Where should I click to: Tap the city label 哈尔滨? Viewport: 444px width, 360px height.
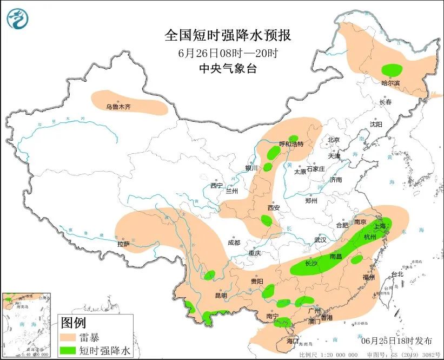click(x=390, y=83)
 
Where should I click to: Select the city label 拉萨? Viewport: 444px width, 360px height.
click(x=123, y=244)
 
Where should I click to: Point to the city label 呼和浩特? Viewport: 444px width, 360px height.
click(x=291, y=144)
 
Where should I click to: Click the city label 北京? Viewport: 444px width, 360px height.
click(x=334, y=140)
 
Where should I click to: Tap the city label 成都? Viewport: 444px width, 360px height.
click(x=234, y=243)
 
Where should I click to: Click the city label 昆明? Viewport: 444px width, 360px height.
click(x=221, y=296)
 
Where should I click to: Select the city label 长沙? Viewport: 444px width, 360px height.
click(x=311, y=264)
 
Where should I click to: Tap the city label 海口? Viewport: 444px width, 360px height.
click(x=293, y=341)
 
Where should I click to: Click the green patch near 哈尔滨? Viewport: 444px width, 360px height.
click(x=392, y=70)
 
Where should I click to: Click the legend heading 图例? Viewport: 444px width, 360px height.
click(x=73, y=323)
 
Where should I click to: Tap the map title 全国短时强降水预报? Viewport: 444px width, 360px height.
click(x=228, y=36)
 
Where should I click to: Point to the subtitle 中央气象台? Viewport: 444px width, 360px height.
click(x=227, y=68)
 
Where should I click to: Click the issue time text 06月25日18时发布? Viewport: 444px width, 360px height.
click(x=396, y=341)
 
